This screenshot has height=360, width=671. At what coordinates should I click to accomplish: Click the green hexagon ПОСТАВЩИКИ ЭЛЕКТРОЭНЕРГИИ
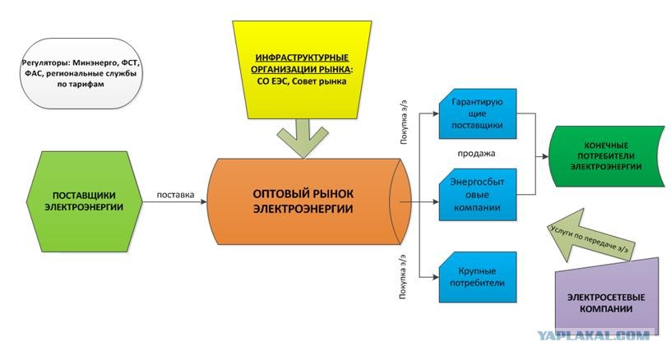pyautogui.click(x=84, y=200)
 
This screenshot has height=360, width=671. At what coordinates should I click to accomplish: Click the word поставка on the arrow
pyautogui.click(x=175, y=196)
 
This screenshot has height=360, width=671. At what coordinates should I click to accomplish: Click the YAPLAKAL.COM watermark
pyautogui.click(x=593, y=335)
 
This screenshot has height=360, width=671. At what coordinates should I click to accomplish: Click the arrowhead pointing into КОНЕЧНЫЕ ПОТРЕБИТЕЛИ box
pyautogui.click(x=545, y=155)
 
